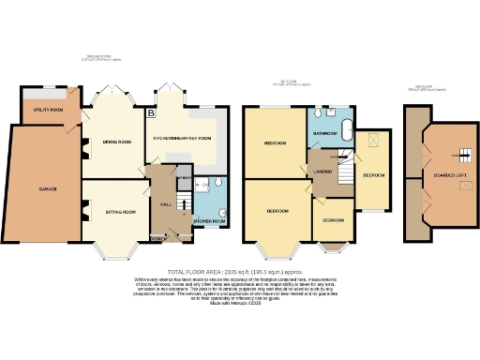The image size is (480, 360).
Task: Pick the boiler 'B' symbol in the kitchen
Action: tap(150, 112)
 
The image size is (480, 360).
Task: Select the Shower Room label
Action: tap(209, 221)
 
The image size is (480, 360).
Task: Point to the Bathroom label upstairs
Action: tap(325, 133)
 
